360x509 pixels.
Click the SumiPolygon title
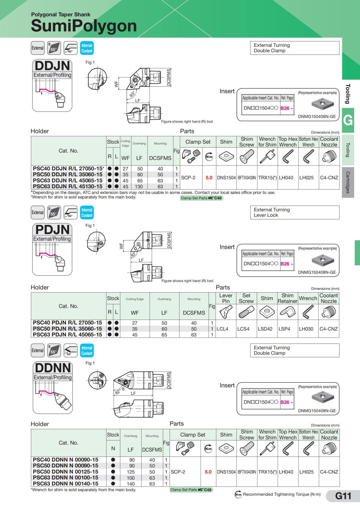pos(84,26)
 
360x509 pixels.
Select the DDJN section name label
pos(52,66)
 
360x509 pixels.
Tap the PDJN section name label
pos(52,230)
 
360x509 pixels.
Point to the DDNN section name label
pos(52,368)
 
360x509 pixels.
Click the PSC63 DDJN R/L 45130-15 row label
pos(67,186)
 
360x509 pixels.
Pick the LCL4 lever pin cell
pos(222,329)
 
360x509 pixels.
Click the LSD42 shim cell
pos(265,329)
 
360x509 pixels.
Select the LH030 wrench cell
pos(306,329)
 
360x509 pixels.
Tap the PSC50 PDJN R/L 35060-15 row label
pos(67,329)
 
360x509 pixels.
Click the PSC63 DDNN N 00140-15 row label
pos(65,484)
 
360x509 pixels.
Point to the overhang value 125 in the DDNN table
pos(131,472)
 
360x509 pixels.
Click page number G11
pos(343,496)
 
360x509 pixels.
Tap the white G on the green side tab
pos(348,121)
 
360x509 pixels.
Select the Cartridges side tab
pos(348,182)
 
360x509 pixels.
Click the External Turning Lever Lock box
pos(295,212)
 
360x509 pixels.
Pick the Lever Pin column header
pos(226,298)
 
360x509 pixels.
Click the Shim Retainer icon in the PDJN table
pos(287,312)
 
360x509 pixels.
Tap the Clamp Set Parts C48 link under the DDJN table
pos(201,198)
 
